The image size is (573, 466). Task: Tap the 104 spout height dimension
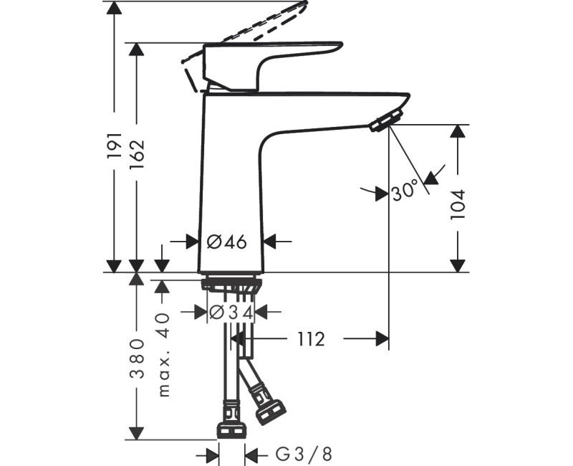[458, 204]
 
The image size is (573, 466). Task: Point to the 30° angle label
[405, 191]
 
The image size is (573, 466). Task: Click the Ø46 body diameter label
[227, 242]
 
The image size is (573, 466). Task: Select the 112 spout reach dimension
[309, 339]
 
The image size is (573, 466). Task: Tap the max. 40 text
[163, 354]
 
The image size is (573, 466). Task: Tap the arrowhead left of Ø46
[190, 242]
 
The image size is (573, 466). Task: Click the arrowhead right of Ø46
[271, 242]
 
